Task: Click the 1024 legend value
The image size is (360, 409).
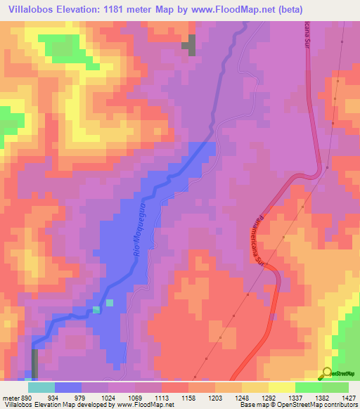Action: coord(109,396)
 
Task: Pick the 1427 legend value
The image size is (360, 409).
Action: coord(349,396)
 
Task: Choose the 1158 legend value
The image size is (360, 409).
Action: coord(188,396)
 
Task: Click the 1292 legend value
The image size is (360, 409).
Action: coord(269,396)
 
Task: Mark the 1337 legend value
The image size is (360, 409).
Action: coord(295,396)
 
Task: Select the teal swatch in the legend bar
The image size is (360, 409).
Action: coord(41,387)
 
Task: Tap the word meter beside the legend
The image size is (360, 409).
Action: coord(10,396)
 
